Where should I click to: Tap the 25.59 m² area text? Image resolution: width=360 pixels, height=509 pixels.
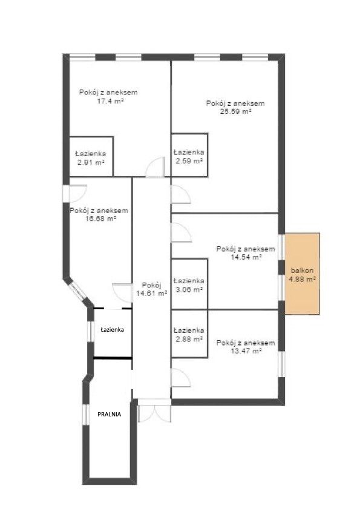tap(236, 112)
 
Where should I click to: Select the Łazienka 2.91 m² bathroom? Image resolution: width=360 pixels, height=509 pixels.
tap(91, 157)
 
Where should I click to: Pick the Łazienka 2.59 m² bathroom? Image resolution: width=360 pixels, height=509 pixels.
tap(189, 155)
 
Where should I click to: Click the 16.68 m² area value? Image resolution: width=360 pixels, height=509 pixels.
tap(101, 219)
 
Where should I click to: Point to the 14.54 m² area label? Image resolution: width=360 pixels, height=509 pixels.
tap(246, 257)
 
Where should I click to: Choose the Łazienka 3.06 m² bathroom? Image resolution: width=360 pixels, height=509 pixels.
tap(189, 284)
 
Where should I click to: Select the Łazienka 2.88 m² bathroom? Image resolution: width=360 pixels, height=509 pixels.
tap(189, 333)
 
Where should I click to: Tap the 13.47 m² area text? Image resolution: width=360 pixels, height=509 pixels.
tap(246, 351)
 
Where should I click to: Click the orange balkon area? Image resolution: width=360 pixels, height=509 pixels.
tap(302, 274)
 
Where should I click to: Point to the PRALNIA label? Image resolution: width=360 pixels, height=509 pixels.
tap(110, 414)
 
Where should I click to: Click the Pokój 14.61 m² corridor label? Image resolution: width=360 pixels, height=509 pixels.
tap(152, 289)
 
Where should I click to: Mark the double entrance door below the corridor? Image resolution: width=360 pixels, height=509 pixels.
tap(154, 410)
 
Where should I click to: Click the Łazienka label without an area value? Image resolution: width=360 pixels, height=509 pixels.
tap(113, 329)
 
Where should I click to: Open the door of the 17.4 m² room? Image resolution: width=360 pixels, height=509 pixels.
tap(155, 167)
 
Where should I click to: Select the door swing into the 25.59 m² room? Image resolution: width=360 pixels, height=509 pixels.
tap(180, 194)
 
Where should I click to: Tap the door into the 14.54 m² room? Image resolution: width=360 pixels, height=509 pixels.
tap(181, 232)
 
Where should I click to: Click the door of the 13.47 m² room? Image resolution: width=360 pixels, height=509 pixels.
tap(180, 378)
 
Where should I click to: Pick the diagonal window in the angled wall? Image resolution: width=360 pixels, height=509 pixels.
tap(77, 291)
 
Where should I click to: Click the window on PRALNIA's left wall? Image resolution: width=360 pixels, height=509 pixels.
tap(86, 415)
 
